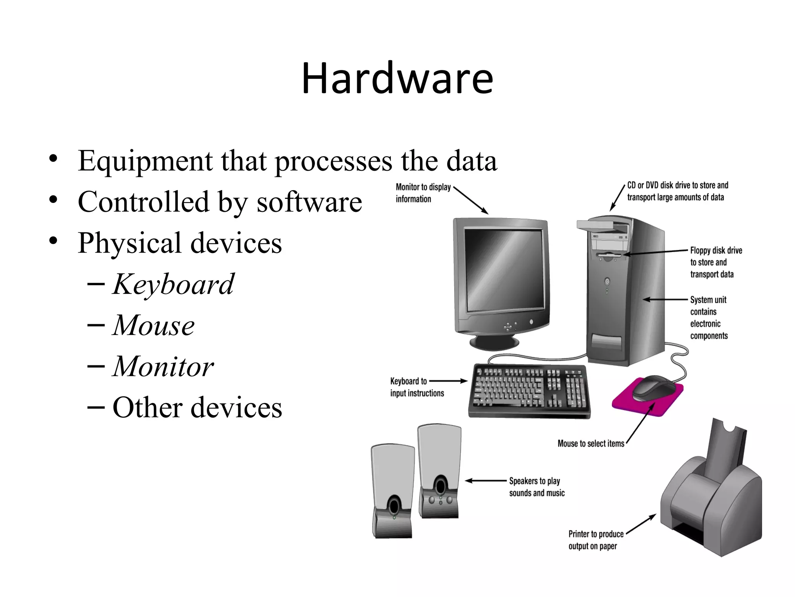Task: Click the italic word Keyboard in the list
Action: click(x=173, y=285)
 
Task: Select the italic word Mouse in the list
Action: click(x=154, y=325)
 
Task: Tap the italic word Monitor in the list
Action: click(x=163, y=367)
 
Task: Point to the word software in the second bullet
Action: click(x=309, y=202)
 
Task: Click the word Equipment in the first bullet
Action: click(x=145, y=161)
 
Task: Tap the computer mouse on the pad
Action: click(x=654, y=388)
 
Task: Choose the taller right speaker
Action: click(x=439, y=472)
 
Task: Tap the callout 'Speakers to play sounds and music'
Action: click(x=536, y=487)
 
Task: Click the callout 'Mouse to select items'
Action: click(x=590, y=443)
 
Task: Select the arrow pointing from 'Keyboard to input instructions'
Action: click(x=448, y=381)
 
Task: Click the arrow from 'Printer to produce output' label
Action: click(x=641, y=524)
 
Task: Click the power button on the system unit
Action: click(x=607, y=281)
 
